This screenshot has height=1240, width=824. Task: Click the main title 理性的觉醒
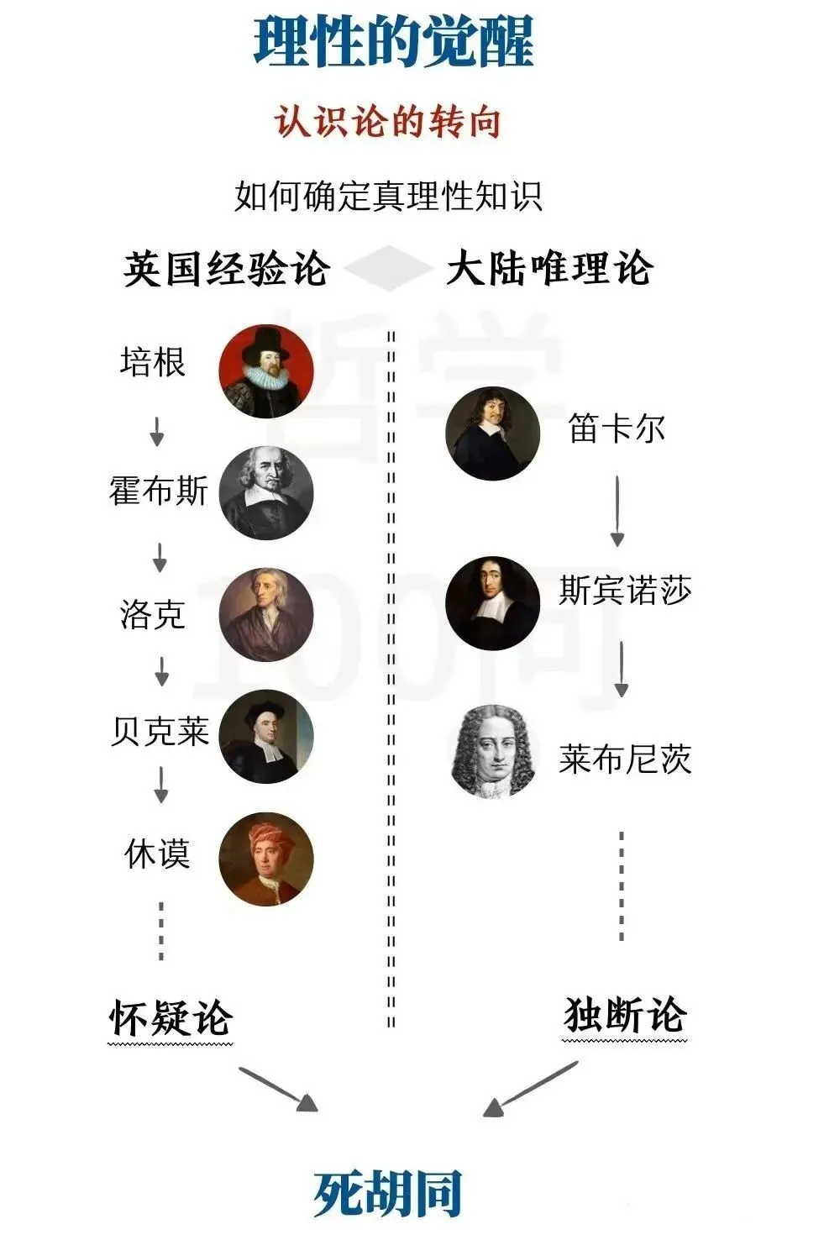393,41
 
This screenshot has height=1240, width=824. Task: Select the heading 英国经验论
225,270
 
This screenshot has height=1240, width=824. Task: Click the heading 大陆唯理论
549,270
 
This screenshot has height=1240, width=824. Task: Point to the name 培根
152,363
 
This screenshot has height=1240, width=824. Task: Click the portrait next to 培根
266,371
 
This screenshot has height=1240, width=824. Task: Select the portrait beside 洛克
266,615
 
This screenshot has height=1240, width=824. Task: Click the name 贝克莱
160,731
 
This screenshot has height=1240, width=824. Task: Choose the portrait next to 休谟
266,859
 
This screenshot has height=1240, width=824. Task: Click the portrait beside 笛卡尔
492,433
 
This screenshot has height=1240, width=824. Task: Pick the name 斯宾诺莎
625,591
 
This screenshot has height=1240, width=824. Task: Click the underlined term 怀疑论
171,1018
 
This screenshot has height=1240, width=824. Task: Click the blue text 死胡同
388,1193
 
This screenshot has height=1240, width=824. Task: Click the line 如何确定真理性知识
388,197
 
